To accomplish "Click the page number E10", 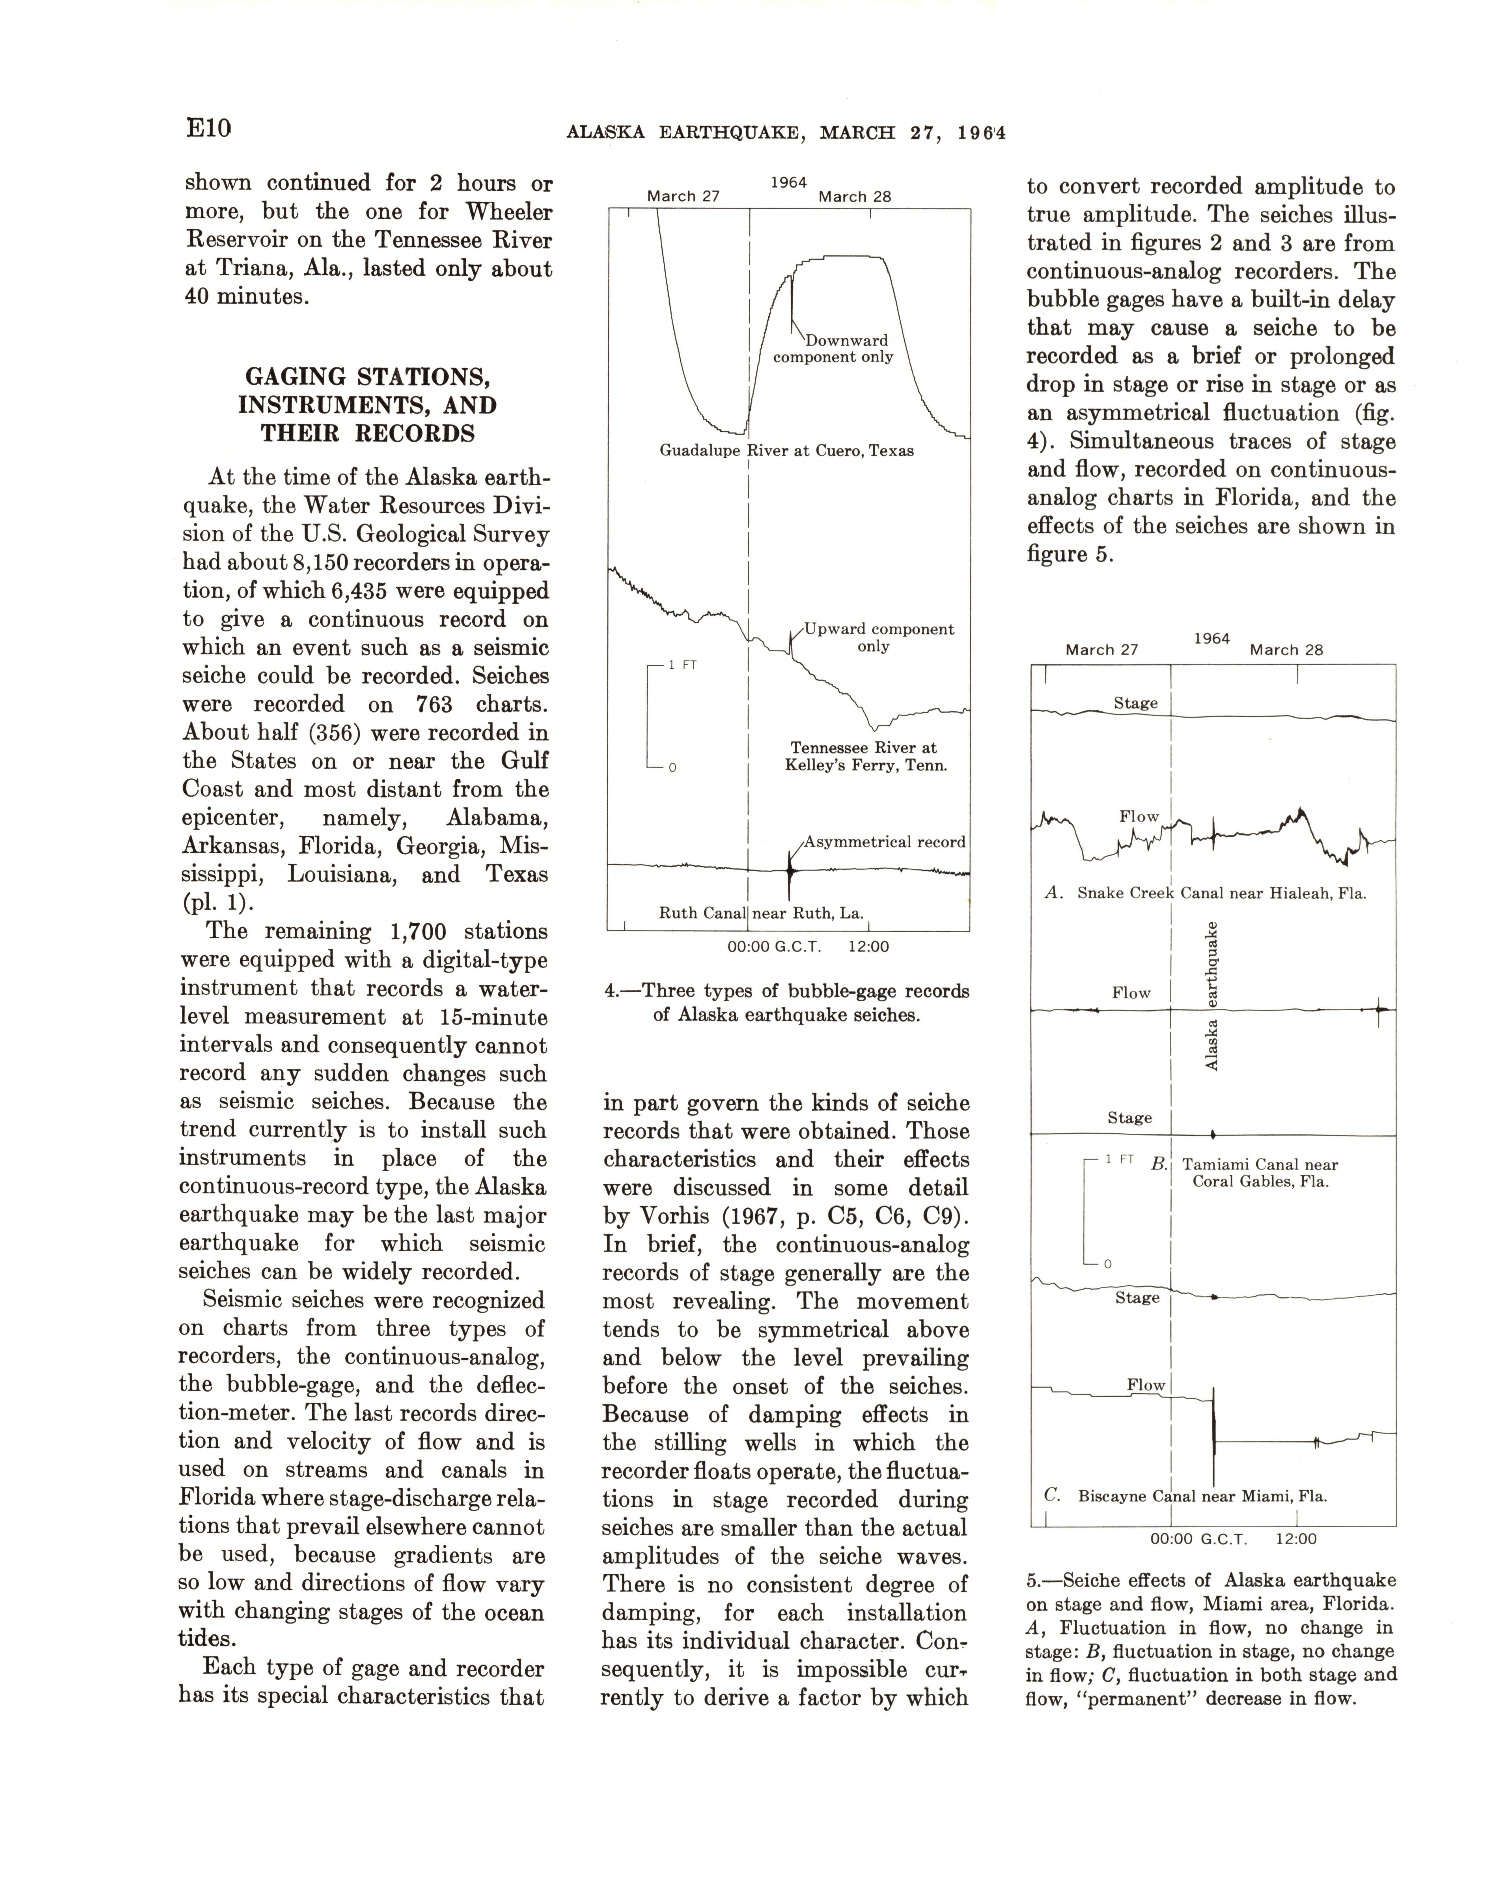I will (208, 128).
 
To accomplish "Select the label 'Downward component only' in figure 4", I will (834, 349).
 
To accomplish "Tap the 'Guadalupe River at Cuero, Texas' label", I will (786, 451).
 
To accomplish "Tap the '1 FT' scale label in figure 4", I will (682, 665).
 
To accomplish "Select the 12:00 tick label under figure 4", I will (868, 946).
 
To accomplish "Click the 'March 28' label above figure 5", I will (1286, 650).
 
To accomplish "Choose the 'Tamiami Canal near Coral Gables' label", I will (1260, 1174).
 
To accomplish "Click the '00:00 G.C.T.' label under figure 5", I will (1198, 1539).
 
